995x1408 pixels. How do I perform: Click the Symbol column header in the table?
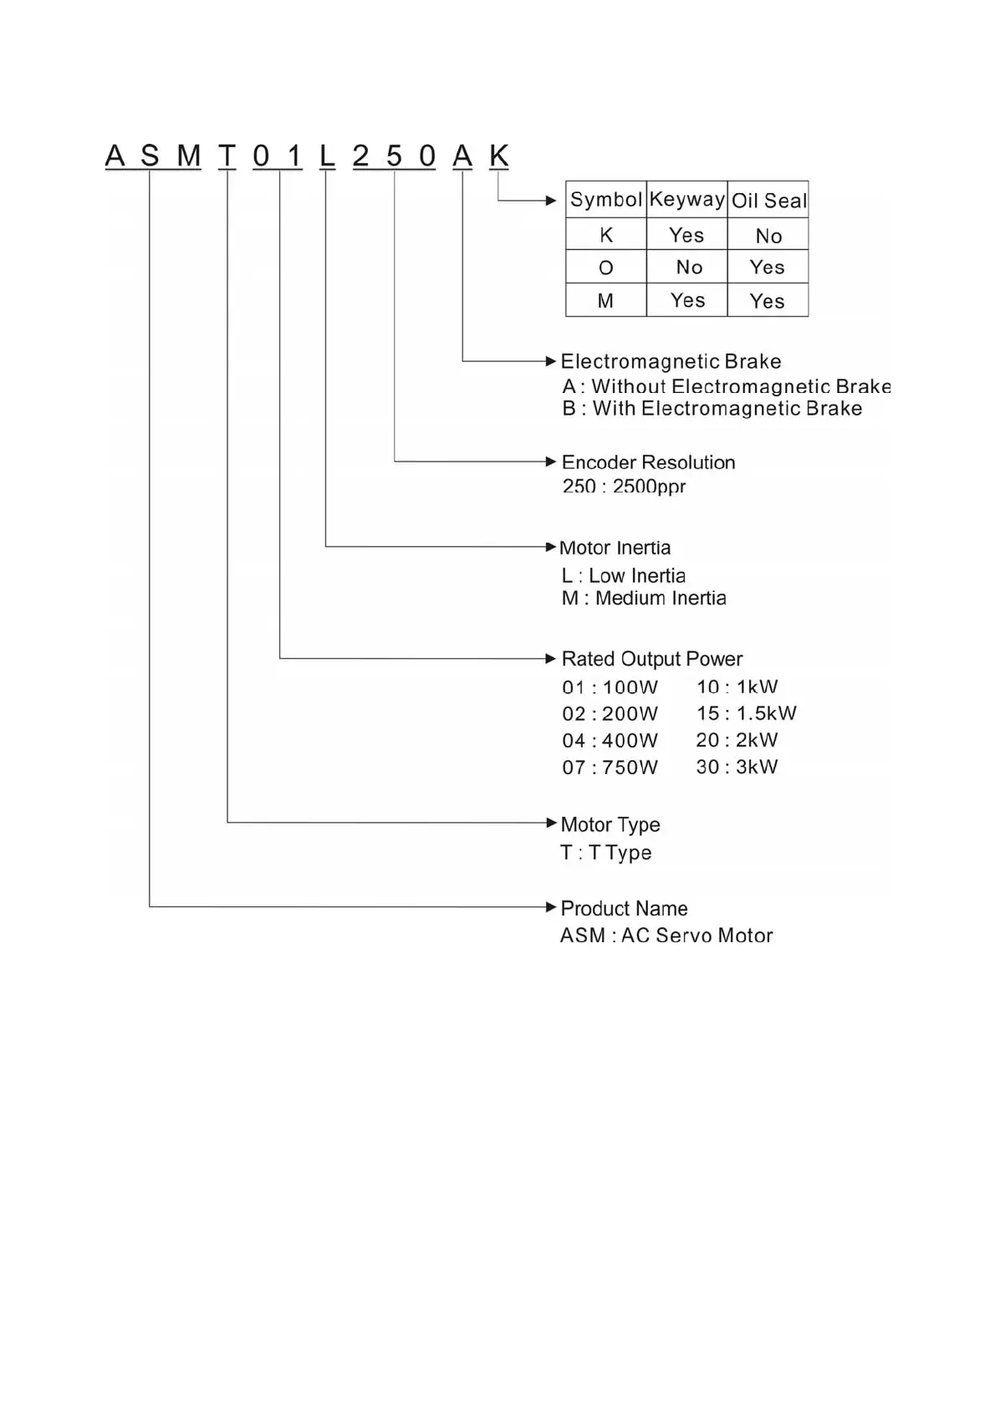pyautogui.click(x=605, y=200)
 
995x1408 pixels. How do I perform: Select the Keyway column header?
pyautogui.click(x=686, y=200)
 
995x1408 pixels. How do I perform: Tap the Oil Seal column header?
pyautogui.click(x=768, y=201)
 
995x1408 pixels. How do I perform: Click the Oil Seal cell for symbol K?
pyautogui.click(x=768, y=236)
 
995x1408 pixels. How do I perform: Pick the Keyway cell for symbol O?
pyautogui.click(x=688, y=268)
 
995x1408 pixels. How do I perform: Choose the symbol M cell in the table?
pyautogui.click(x=605, y=301)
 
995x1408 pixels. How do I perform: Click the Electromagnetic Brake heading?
pyautogui.click(x=671, y=361)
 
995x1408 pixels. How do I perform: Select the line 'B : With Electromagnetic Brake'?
pyautogui.click(x=712, y=409)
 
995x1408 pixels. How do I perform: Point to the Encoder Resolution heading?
pyautogui.click(x=648, y=462)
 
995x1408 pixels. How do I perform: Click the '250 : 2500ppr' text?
pyautogui.click(x=624, y=486)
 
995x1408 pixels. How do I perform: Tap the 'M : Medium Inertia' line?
pyautogui.click(x=644, y=598)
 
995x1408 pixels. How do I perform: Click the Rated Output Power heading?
pyautogui.click(x=651, y=659)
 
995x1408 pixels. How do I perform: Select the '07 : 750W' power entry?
pyautogui.click(x=610, y=767)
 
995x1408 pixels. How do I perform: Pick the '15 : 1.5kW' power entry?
pyautogui.click(x=746, y=713)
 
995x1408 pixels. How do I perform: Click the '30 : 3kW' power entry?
pyautogui.click(x=737, y=767)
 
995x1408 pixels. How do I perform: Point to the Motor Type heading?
pyautogui.click(x=610, y=824)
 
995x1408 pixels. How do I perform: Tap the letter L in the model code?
pyautogui.click(x=327, y=156)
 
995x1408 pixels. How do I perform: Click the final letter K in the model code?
pyautogui.click(x=498, y=156)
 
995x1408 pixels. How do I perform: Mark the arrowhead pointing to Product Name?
pyautogui.click(x=550, y=907)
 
